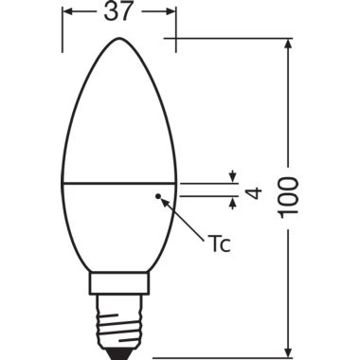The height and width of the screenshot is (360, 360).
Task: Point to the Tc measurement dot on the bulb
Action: (x=158, y=196)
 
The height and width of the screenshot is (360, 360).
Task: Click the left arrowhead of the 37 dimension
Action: (x=67, y=12)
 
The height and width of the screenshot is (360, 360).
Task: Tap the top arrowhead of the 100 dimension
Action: (x=289, y=45)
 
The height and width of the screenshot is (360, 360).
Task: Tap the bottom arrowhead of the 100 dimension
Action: (x=289, y=348)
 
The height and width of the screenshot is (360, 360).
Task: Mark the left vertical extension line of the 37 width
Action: (x=63, y=28)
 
